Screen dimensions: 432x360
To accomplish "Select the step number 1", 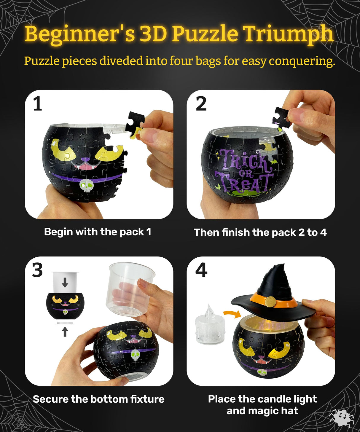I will point(38,104).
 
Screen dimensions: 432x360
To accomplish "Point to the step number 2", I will point(201,104).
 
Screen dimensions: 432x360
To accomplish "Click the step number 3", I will point(38,270).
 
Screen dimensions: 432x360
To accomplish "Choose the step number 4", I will point(201,270).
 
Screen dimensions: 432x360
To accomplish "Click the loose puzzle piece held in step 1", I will point(134,125).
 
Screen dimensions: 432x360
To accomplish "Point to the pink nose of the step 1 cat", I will point(85,160).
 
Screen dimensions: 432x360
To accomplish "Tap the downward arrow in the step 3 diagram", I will point(65,282).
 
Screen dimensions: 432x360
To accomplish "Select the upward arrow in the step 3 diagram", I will point(65,331).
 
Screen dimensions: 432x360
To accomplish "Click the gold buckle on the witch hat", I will point(270,302).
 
